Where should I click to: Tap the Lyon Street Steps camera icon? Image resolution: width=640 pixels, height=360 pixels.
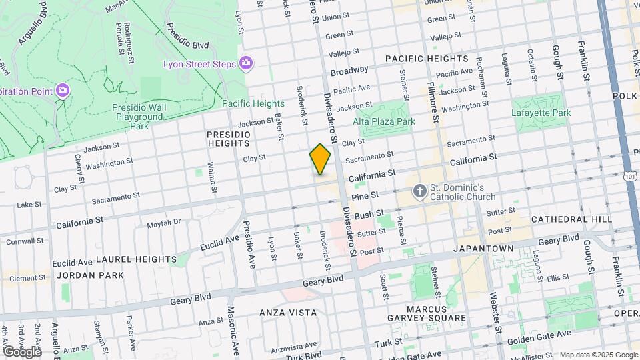tap(246, 63)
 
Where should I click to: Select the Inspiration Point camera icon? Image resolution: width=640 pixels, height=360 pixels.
tap(63, 90)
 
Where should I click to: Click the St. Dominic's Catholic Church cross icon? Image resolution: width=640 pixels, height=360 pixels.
tap(420, 191)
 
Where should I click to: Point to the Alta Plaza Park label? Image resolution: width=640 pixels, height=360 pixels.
tap(384, 121)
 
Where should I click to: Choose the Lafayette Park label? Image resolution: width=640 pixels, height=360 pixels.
tap(541, 113)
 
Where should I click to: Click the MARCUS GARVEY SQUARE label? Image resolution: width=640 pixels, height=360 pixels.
tap(427, 313)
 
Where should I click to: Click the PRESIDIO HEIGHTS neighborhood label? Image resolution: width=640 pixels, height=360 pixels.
tap(229, 139)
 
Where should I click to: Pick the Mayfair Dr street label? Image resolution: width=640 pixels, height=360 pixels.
tap(164, 223)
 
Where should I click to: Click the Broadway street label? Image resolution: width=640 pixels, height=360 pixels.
tap(349, 70)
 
